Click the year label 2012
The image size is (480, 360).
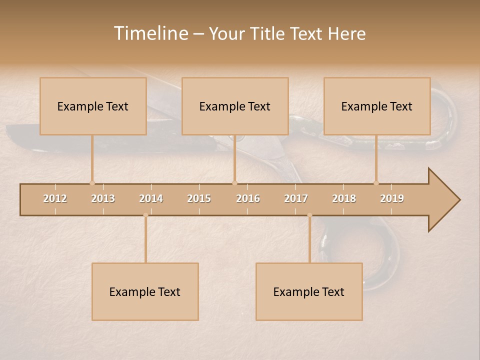click(55, 198)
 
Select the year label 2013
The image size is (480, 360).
click(103, 198)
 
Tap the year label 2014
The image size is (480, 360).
click(151, 198)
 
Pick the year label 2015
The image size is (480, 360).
click(199, 198)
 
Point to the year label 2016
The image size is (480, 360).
click(248, 198)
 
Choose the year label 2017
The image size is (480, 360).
click(296, 198)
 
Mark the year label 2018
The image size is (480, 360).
click(344, 198)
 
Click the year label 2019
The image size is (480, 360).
click(392, 198)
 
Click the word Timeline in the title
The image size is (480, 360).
click(150, 33)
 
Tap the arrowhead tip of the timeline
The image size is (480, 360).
click(459, 200)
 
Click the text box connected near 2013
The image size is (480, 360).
click(93, 106)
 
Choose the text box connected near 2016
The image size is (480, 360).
click(235, 106)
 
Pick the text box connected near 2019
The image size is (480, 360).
click(377, 106)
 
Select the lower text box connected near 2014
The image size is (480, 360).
click(145, 291)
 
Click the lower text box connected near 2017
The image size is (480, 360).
click(309, 291)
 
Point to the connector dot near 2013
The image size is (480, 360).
click(92, 183)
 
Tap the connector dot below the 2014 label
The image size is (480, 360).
click(145, 215)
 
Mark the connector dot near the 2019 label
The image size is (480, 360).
click(376, 183)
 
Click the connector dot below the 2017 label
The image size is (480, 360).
click(309, 215)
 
